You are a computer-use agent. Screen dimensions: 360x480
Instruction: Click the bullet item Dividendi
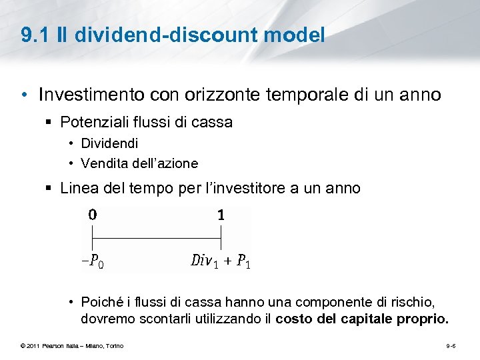[109, 143]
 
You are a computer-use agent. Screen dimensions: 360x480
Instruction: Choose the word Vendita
[103, 163]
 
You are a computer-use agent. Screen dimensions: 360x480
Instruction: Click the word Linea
[79, 189]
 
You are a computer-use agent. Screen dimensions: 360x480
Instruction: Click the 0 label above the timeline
[92, 215]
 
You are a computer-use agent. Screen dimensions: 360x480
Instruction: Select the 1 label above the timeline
[221, 215]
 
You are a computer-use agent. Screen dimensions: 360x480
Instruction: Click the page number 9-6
[451, 345]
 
